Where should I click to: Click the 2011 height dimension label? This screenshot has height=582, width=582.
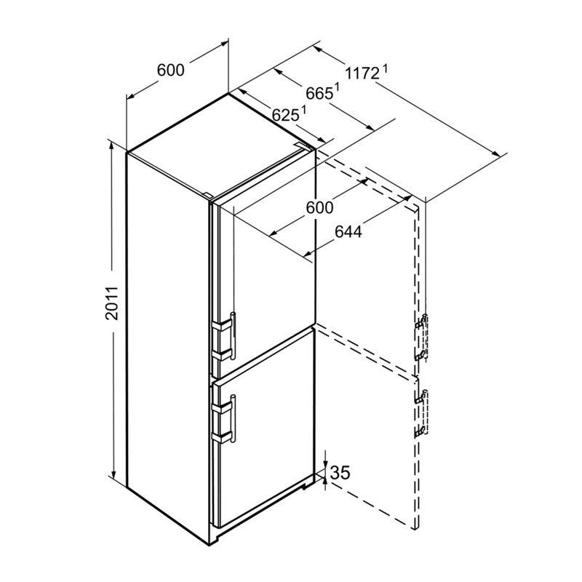coord(111,303)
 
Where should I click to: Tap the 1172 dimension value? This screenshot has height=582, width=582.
coord(362,73)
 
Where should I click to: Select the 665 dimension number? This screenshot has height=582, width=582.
coord(319,94)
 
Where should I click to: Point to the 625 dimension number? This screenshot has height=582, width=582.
coord(285,116)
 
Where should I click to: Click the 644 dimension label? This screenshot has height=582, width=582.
coord(348,232)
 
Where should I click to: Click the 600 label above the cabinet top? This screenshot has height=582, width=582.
coord(170,70)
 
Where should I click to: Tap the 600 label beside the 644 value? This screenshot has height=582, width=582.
coord(319,207)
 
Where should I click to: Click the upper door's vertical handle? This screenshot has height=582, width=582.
coord(233,336)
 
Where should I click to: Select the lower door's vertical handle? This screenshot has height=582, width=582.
coord(233,419)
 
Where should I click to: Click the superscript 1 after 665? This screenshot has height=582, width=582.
coord(337,88)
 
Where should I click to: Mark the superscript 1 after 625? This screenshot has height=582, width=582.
coord(303,110)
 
